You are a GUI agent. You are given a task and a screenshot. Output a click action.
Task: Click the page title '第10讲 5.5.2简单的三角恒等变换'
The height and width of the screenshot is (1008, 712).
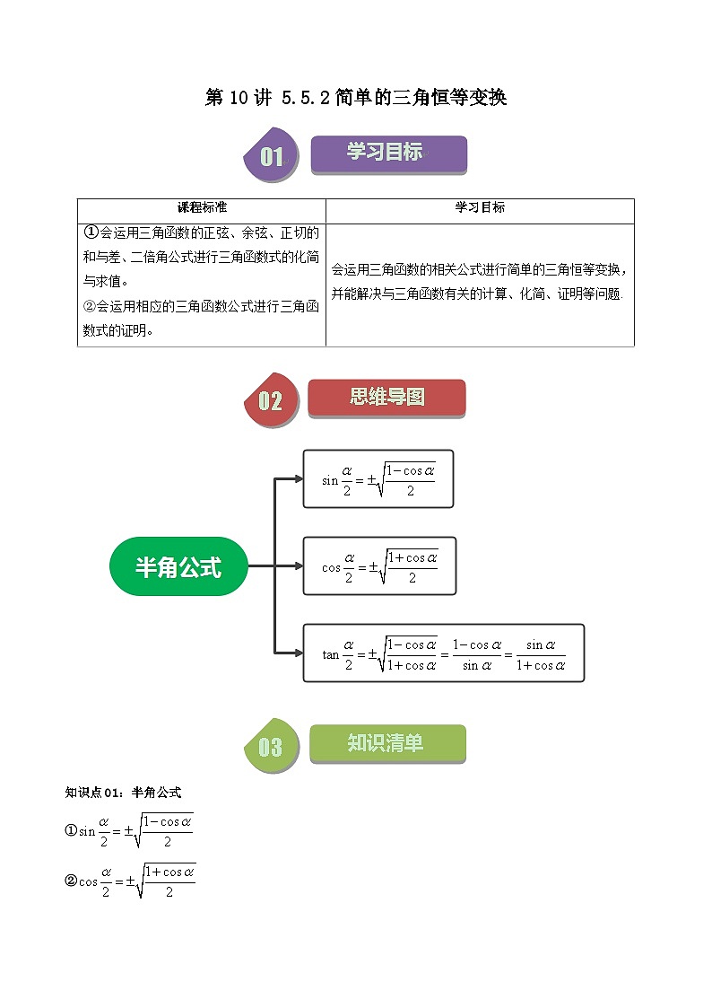pyautogui.click(x=356, y=98)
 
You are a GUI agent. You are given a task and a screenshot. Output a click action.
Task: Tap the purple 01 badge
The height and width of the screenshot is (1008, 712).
pyautogui.click(x=271, y=157)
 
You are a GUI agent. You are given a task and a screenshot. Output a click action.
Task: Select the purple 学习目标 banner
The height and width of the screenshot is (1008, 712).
pyautogui.click(x=388, y=153)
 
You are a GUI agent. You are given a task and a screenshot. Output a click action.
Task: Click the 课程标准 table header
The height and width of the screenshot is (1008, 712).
pyautogui.click(x=202, y=207)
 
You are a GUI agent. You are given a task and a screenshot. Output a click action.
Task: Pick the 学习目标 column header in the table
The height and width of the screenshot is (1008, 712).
pyautogui.click(x=480, y=207)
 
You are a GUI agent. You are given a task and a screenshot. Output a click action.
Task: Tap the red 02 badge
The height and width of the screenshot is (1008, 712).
pyautogui.click(x=270, y=400)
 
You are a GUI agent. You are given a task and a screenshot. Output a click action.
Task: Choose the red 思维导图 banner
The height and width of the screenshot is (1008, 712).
pyautogui.click(x=386, y=397)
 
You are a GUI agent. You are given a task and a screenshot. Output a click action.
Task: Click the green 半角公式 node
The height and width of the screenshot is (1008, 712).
pyautogui.click(x=178, y=566)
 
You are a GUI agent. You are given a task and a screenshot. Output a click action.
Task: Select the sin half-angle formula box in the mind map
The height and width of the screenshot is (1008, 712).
pyautogui.click(x=378, y=479)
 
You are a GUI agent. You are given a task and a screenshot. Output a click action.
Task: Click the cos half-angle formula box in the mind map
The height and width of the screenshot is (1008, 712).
pyautogui.click(x=379, y=566)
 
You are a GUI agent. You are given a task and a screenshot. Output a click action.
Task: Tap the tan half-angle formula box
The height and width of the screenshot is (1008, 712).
pyautogui.click(x=443, y=653)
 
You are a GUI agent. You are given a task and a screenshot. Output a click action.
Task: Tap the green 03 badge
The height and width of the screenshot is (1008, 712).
pyautogui.click(x=270, y=747)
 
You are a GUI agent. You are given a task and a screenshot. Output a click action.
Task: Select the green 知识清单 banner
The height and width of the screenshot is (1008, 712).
pyautogui.click(x=387, y=743)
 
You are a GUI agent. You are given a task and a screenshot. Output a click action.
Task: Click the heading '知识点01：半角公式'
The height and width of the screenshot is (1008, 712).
pyautogui.click(x=124, y=793)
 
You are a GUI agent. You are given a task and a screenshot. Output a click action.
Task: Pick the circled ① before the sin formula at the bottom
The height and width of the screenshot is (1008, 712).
pyautogui.click(x=71, y=830)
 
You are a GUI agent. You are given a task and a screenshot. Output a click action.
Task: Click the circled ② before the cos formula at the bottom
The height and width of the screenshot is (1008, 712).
pyautogui.click(x=71, y=881)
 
